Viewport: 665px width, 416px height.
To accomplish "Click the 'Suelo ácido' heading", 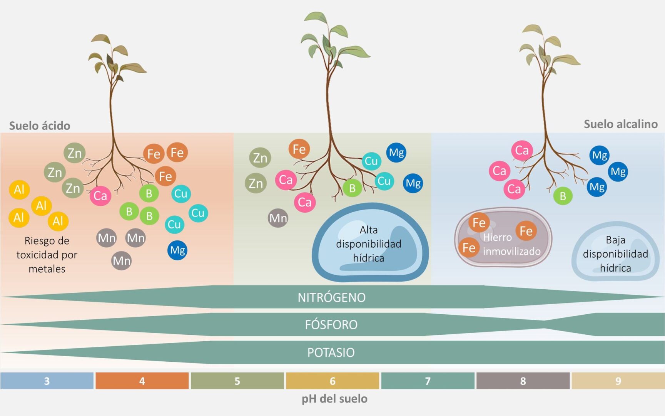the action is tap(40, 126).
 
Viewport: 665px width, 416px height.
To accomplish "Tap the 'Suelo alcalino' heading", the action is tap(620, 124).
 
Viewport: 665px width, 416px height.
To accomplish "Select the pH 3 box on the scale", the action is tap(47, 381).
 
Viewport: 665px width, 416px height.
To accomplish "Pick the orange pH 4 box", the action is tap(142, 381).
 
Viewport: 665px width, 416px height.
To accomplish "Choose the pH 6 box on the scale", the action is tap(332, 381).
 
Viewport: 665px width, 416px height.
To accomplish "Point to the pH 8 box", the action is tap(523, 381).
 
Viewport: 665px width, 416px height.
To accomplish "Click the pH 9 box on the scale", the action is tap(618, 381).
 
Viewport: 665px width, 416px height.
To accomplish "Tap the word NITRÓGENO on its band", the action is tap(332, 297).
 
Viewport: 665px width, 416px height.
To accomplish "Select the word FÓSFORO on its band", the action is tap(331, 325).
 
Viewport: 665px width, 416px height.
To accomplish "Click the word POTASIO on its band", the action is tap(331, 352).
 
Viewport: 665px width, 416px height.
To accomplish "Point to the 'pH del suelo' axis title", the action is tap(334, 399).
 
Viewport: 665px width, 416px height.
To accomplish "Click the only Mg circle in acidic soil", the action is tap(177, 250).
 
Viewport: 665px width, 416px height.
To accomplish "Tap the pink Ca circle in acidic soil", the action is tap(100, 195).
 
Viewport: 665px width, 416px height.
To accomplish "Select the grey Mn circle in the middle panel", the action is tap(278, 218).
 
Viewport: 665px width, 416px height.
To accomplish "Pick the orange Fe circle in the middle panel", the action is tap(299, 149).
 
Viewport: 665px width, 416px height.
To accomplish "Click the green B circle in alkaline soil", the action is tap(563, 196).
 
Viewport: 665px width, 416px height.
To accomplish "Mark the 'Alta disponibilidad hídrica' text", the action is tap(369, 244).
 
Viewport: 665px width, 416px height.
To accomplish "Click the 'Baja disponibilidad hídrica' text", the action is tap(615, 254).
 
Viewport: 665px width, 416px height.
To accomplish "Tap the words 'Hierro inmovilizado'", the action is tap(512, 244).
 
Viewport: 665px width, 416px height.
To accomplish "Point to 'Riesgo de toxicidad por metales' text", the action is tap(47, 255).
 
